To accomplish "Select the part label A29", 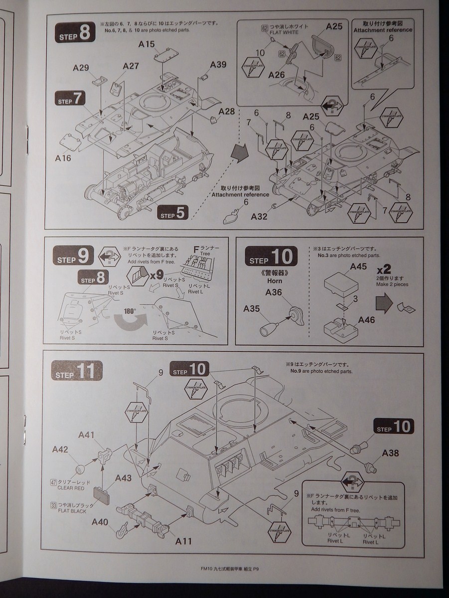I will point(81,68).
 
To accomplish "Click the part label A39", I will point(218,65).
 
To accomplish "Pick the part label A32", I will point(259,216).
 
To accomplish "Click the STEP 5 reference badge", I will point(173,213).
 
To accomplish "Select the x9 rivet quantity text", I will point(157,274).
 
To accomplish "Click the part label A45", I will point(358,267).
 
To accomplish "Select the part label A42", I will point(60,449).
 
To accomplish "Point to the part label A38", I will point(391,453).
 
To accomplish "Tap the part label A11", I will point(183,541).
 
